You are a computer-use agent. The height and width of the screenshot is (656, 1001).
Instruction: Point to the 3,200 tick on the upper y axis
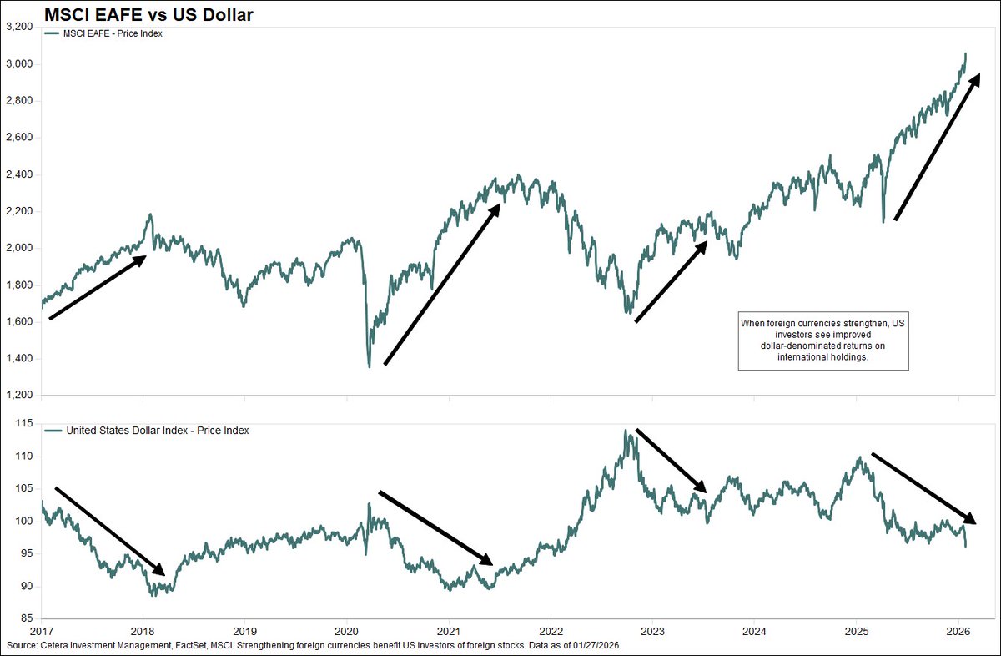coord(18,28)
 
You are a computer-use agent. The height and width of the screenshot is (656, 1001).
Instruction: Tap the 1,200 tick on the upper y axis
coord(18,396)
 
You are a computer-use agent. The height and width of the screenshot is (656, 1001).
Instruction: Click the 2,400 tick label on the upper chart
coord(18,174)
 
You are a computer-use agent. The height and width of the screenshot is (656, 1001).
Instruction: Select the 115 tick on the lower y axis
coord(23,424)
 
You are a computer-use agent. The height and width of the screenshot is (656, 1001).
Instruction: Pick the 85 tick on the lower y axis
coord(25,618)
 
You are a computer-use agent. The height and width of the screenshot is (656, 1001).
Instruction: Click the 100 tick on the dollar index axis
coord(23,522)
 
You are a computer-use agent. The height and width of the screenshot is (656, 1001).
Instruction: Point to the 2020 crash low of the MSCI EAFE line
coord(369,366)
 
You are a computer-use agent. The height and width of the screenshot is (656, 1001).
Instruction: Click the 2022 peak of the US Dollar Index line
coord(625,431)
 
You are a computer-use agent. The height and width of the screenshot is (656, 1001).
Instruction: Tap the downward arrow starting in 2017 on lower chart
coord(109,531)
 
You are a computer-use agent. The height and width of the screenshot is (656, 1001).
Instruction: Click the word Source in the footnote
coord(22,648)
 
